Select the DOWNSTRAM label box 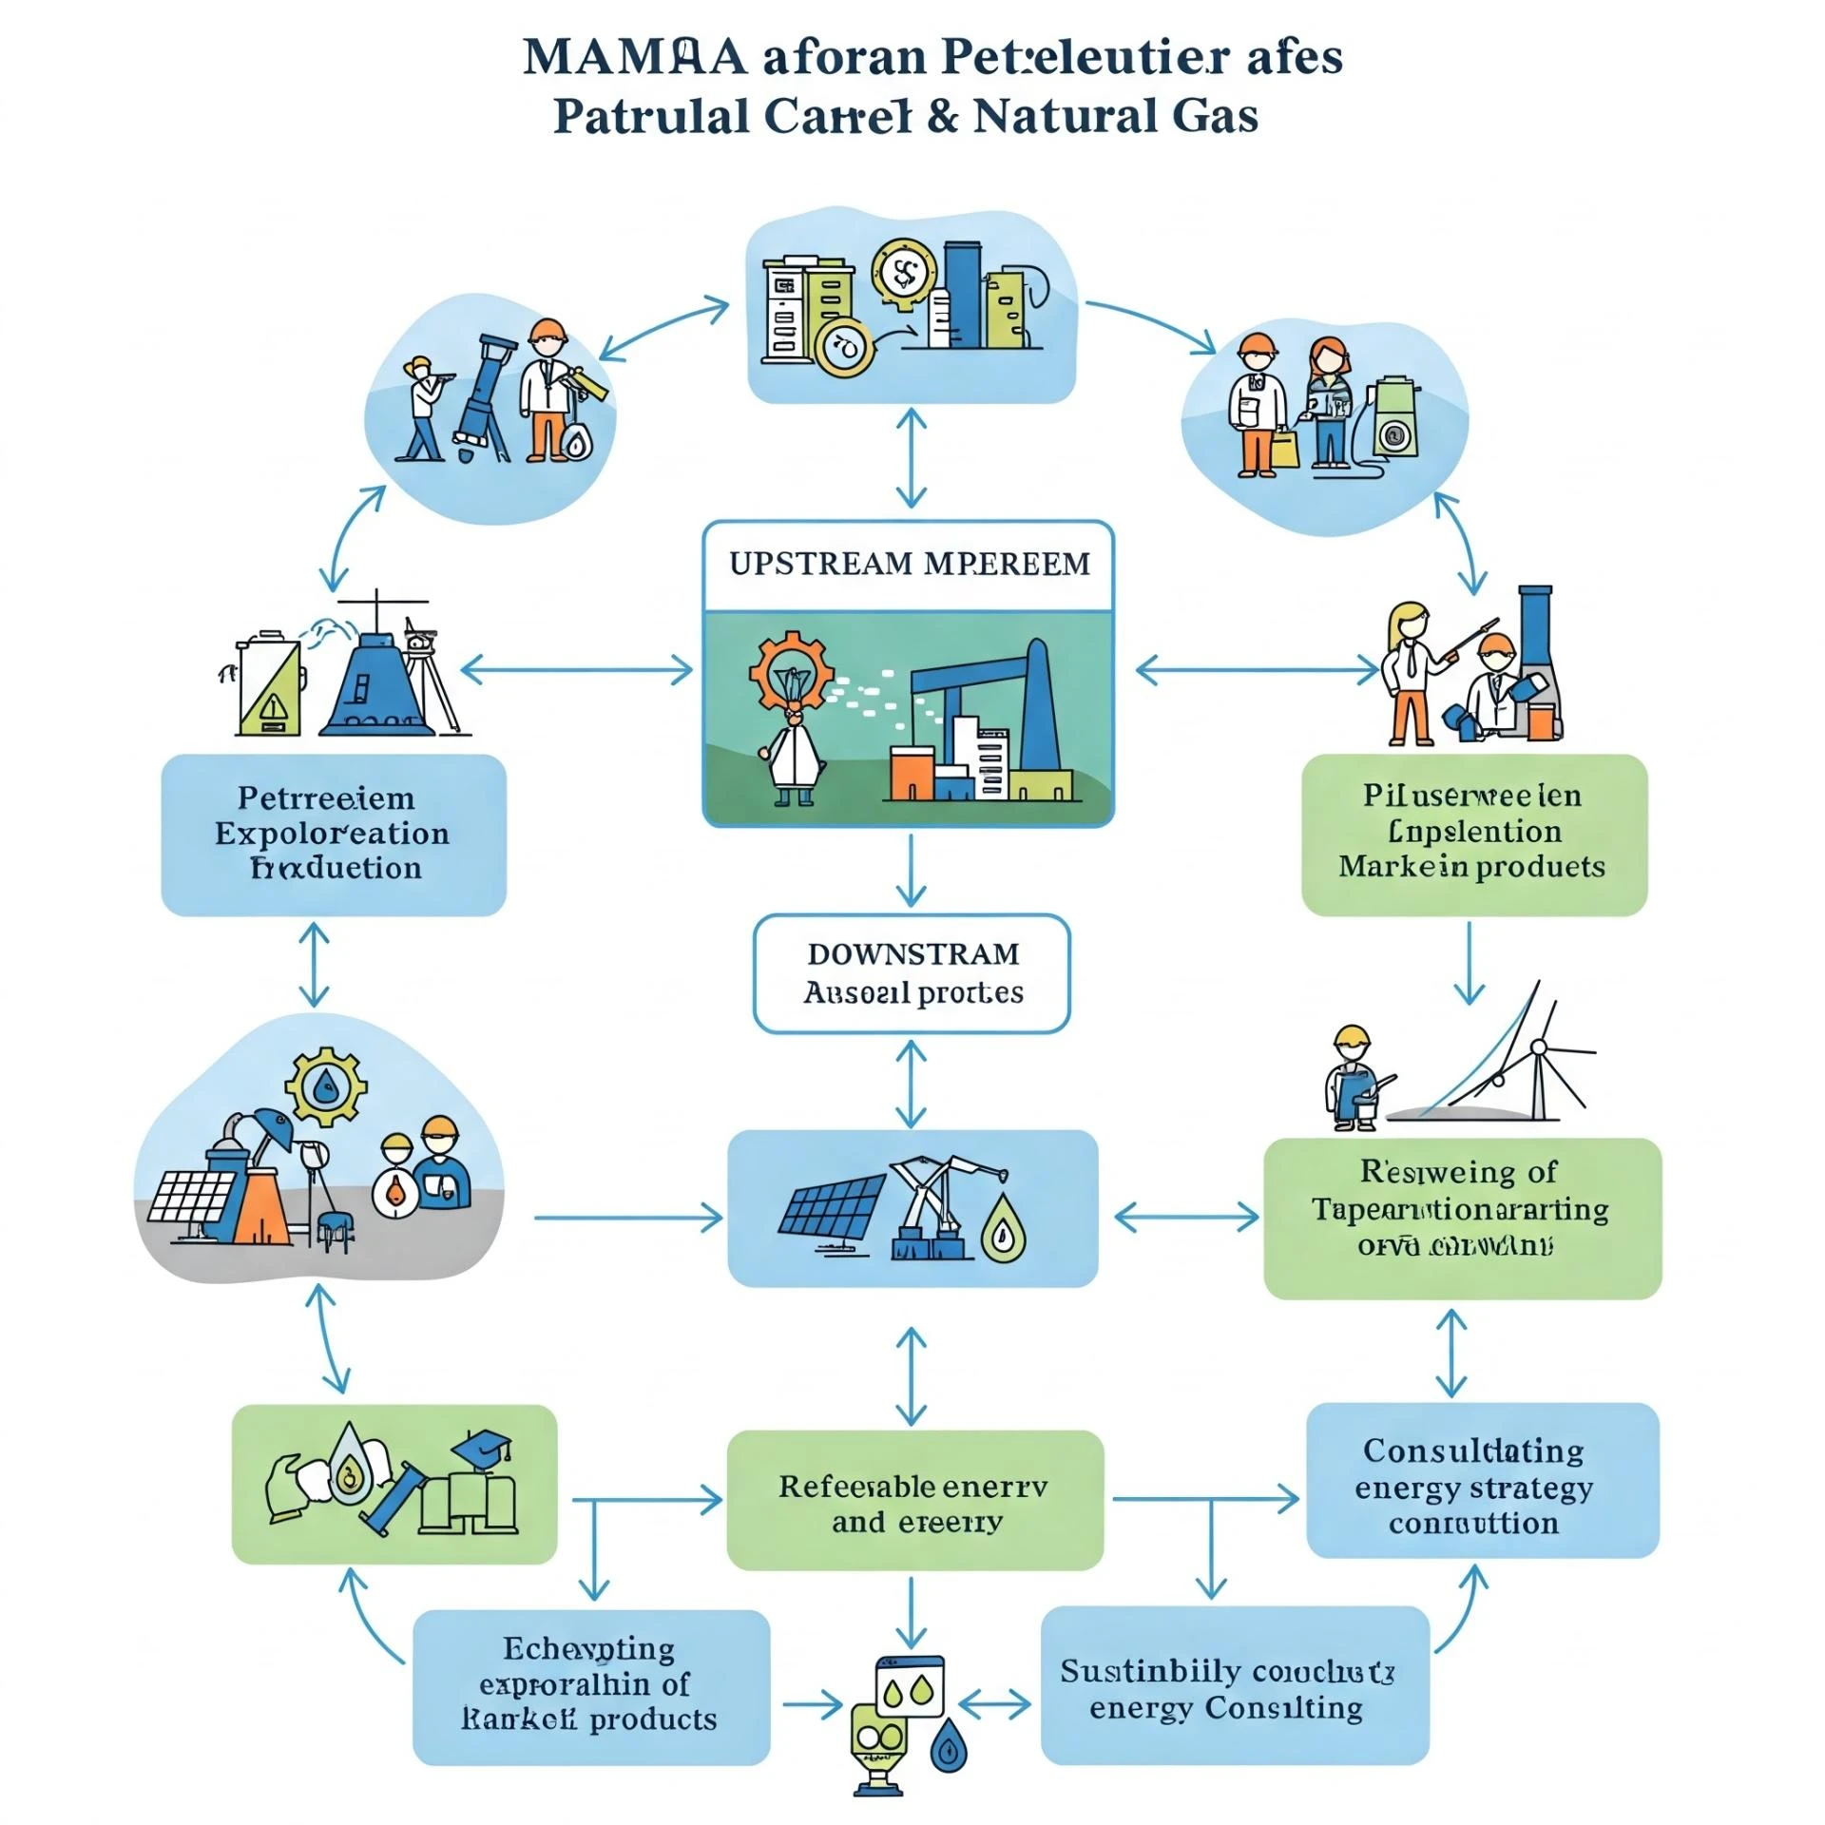pos(912,973)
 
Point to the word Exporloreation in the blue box pos(332,834)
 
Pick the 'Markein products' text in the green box pos(1471,867)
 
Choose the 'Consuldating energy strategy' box pos(1482,1487)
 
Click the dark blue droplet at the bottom pos(948,1747)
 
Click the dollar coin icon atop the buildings pos(903,275)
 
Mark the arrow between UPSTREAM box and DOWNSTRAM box pos(912,870)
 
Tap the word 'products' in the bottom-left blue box pos(652,1719)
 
